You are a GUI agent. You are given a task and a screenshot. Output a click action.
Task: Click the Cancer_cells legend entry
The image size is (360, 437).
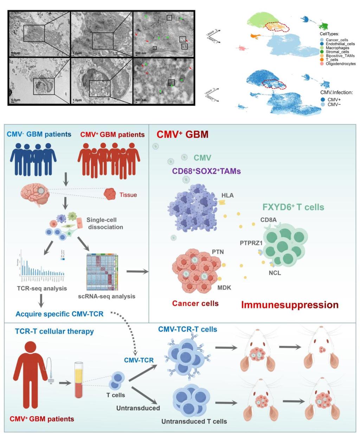tap(336, 40)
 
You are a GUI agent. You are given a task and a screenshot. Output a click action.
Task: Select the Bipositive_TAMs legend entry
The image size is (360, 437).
tap(340, 56)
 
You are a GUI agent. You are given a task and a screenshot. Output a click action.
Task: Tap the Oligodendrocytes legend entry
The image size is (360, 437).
tap(340, 64)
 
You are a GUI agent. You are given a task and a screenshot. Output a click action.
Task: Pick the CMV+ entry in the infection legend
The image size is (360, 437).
tap(334, 100)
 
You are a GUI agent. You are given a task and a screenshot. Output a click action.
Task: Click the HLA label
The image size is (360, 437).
tap(227, 195)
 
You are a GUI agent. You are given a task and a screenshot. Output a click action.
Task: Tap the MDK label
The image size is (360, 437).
tap(224, 287)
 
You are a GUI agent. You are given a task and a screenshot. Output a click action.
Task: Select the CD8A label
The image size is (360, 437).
tap(268, 220)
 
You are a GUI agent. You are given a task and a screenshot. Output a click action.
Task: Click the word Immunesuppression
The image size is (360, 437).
tap(290, 305)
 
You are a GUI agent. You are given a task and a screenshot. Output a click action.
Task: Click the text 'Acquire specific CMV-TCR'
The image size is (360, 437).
tap(59, 313)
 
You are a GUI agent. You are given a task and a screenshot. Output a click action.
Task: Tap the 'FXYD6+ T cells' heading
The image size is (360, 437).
tap(293, 207)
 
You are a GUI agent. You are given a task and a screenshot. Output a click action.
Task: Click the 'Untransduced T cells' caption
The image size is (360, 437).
tap(194, 421)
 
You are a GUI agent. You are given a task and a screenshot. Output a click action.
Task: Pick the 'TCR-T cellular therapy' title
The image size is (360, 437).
tap(54, 331)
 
